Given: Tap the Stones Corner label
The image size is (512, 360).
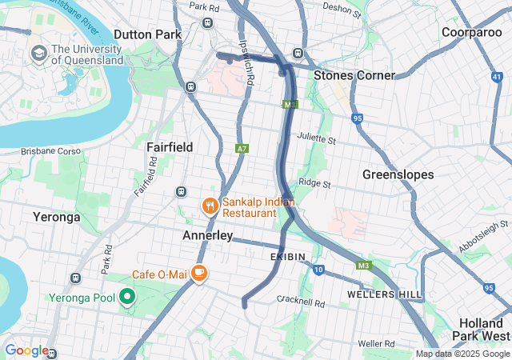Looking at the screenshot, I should click(354, 75).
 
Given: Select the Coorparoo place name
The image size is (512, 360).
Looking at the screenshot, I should click(473, 32).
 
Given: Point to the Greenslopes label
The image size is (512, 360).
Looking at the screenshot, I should click(398, 174).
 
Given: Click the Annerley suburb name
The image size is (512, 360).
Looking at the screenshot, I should click(207, 236).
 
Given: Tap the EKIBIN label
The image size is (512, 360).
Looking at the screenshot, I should click(288, 256).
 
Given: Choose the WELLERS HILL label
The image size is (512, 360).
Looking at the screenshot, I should click(384, 294).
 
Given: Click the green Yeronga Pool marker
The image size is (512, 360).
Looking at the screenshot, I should click(126, 298).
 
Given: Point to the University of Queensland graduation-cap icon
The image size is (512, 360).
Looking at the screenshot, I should click(38, 54).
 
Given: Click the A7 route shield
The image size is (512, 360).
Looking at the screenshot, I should click(242, 148).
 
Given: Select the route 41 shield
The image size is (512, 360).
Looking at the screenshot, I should click(498, 77).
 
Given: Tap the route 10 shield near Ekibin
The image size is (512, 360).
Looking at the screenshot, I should click(318, 270).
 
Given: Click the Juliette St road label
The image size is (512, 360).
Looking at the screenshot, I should click(316, 138).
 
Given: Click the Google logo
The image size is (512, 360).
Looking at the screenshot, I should click(26, 350).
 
